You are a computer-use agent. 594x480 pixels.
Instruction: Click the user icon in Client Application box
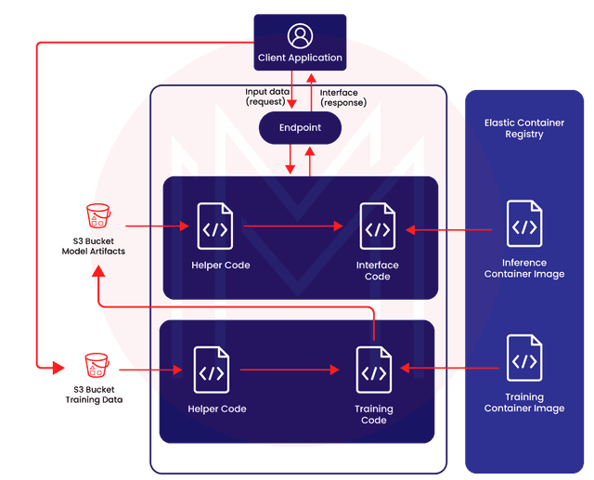point(300,36)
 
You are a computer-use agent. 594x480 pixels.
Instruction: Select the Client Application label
point(300,58)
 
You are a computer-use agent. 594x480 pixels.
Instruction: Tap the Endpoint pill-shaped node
point(300,127)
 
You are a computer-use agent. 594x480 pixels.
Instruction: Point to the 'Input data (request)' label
point(265,97)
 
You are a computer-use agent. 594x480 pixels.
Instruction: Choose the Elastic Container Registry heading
point(526,128)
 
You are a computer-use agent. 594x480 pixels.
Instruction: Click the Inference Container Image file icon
point(524,226)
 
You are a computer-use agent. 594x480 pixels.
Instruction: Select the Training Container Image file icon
point(524,359)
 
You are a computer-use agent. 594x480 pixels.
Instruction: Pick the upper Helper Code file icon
point(215,226)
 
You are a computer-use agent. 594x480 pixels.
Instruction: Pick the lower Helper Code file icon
point(212,370)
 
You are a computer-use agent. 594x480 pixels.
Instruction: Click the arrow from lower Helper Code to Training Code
point(288,370)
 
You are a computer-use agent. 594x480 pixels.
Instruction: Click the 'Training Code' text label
point(374,414)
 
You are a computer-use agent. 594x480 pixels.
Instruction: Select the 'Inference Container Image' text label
point(525,268)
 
